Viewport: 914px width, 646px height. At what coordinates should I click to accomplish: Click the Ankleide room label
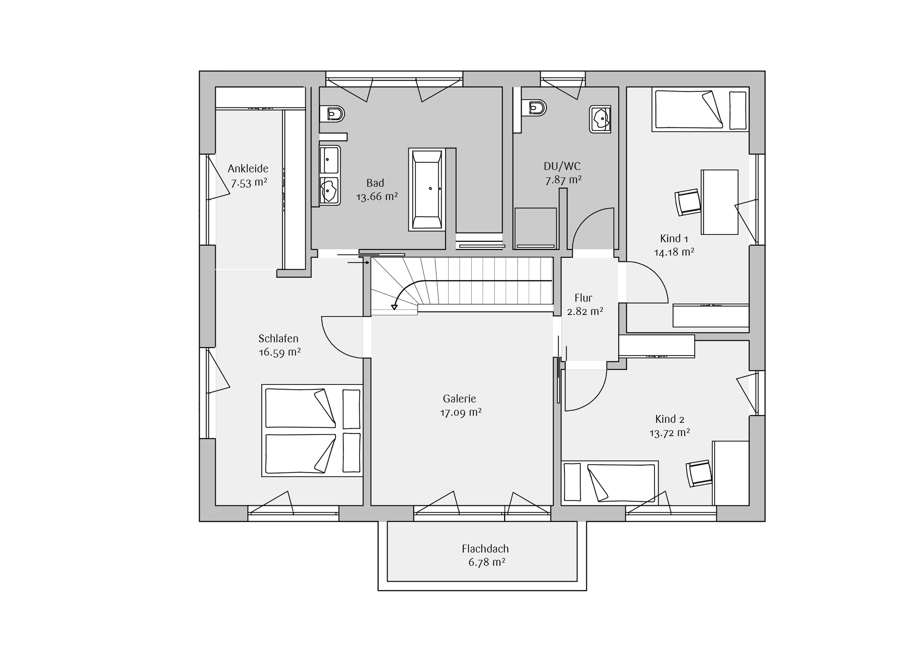(x=248, y=169)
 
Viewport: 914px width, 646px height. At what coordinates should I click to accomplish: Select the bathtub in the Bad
(x=427, y=190)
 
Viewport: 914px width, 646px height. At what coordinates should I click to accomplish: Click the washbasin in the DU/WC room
(x=600, y=119)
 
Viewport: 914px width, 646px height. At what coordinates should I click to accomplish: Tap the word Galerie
(x=459, y=399)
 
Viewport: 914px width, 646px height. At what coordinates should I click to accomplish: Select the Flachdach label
(x=485, y=549)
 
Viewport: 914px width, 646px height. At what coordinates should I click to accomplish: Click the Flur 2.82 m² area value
(x=585, y=311)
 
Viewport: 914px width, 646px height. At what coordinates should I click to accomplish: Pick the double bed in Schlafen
(x=312, y=431)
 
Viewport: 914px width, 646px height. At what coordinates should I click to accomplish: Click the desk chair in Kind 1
(x=688, y=202)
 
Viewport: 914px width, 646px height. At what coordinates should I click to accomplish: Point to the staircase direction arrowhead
(x=394, y=307)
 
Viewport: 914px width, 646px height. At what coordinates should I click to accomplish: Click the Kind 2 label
(x=670, y=419)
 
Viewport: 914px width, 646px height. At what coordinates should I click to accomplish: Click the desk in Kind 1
(x=720, y=202)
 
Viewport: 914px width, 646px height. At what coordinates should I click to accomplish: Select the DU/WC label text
(x=562, y=166)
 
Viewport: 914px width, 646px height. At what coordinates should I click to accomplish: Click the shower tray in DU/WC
(x=536, y=228)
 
